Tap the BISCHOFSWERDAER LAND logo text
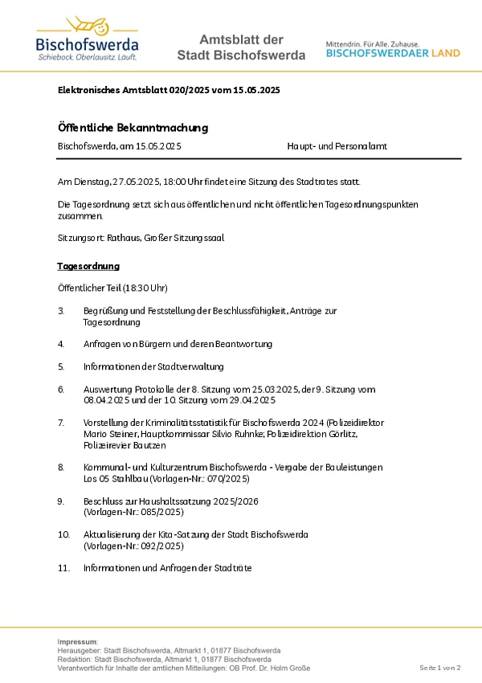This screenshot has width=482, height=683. pyautogui.click(x=393, y=53)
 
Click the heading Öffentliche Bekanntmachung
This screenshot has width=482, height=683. pyautogui.click(x=133, y=128)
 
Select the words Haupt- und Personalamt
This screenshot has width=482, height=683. pyautogui.click(x=337, y=146)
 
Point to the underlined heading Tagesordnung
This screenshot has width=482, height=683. pyautogui.click(x=88, y=266)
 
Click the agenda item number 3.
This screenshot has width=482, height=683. pyautogui.click(x=61, y=310)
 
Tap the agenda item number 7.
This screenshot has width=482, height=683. pyautogui.click(x=61, y=422)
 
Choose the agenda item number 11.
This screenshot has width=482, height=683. pyautogui.click(x=63, y=567)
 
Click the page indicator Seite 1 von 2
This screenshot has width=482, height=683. pyautogui.click(x=440, y=668)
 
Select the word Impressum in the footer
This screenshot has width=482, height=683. pyautogui.click(x=77, y=641)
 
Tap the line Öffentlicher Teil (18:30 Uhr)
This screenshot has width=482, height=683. pyautogui.click(x=112, y=288)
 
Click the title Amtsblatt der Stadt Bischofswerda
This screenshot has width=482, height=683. pyautogui.click(x=241, y=47)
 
